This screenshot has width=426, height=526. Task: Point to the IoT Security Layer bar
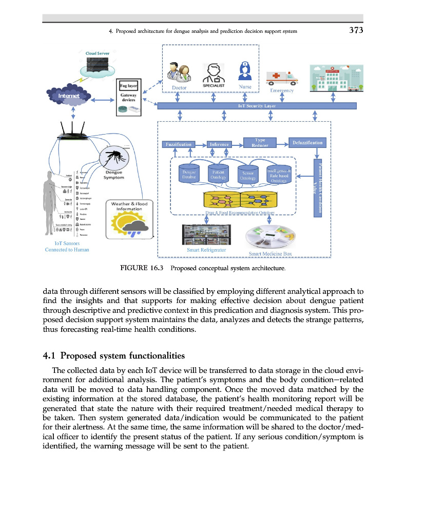(x=257, y=106)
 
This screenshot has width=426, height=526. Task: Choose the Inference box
(x=219, y=144)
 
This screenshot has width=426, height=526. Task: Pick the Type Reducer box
(x=260, y=142)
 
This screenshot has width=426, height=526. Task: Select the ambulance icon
(x=282, y=78)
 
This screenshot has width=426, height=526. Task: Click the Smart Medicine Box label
(x=270, y=254)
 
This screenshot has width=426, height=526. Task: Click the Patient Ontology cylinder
(x=219, y=174)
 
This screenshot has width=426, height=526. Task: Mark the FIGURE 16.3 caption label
(x=141, y=268)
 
